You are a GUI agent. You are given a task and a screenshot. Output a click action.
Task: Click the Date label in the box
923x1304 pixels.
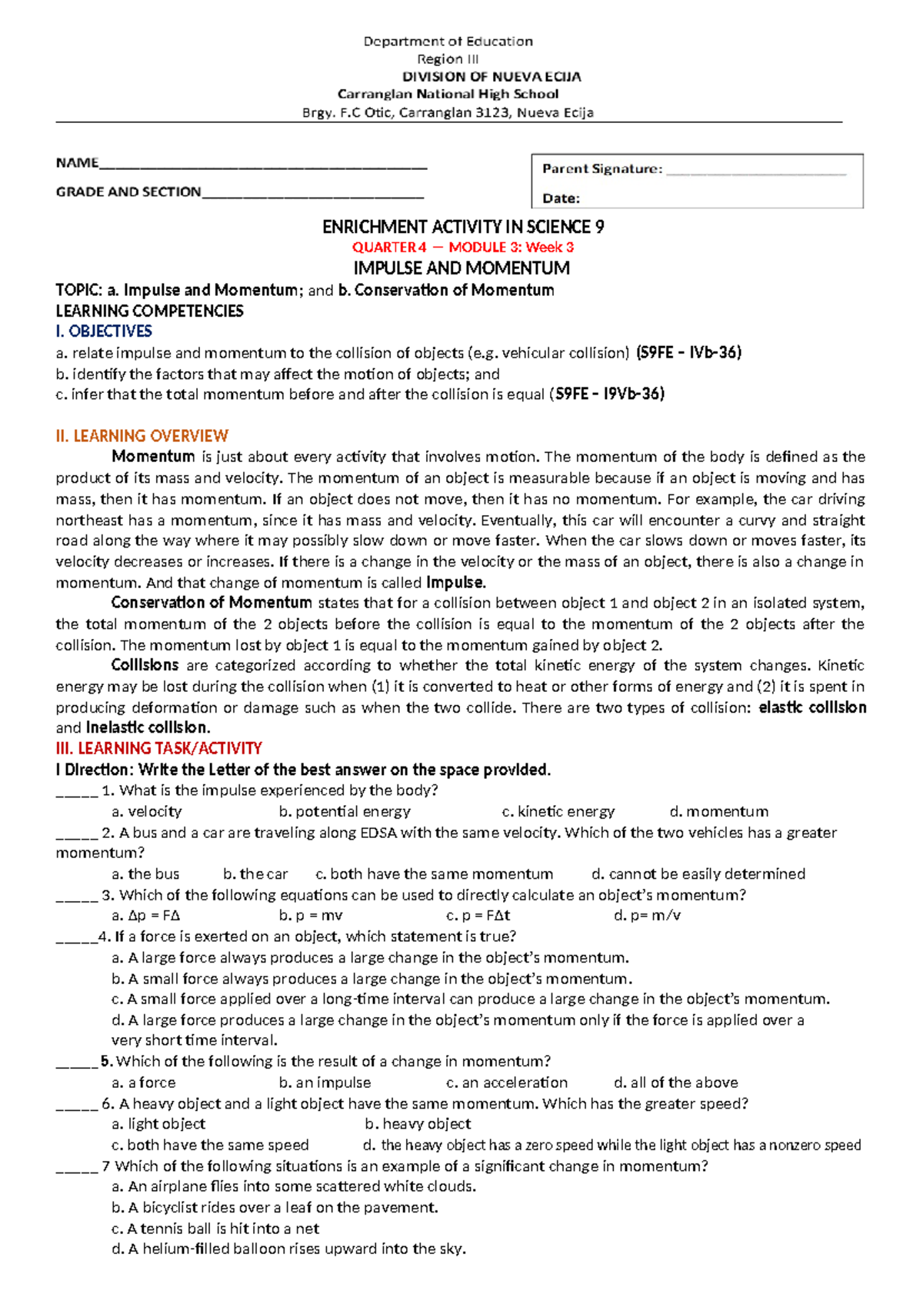pos(561,198)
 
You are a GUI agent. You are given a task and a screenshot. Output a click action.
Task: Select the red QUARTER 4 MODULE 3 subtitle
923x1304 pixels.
pos(462,248)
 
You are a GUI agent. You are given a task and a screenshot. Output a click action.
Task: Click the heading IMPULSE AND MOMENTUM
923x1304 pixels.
pos(461,268)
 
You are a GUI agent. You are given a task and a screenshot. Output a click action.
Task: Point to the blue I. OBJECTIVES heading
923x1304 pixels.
pos(104,331)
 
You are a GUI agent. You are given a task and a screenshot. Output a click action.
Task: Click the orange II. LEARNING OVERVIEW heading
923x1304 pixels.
pos(142,436)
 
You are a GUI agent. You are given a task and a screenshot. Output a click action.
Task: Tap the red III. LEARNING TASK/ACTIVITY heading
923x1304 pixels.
pos(158,748)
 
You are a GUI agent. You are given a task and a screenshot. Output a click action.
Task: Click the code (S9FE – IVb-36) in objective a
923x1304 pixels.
pos(688,353)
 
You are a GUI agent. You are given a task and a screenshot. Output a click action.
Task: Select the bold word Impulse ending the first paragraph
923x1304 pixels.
pos(455,582)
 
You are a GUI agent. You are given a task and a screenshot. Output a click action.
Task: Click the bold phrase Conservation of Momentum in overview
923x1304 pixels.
pos(212,603)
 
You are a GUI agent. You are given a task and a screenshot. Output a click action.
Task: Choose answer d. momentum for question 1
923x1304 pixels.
pos(718,811)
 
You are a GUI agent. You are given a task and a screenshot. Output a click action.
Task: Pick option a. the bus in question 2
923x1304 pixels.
pos(145,874)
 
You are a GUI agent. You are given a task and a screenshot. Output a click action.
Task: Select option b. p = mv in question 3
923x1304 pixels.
pos(311,916)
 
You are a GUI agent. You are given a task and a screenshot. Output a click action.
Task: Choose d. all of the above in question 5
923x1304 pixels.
pos(675,1083)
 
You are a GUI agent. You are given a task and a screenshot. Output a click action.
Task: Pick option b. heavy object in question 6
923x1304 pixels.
pos(418,1124)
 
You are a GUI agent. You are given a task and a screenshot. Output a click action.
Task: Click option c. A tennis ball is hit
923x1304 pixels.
pos(215,1229)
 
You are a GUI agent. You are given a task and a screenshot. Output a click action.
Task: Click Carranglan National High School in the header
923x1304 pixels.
pos(448,94)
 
